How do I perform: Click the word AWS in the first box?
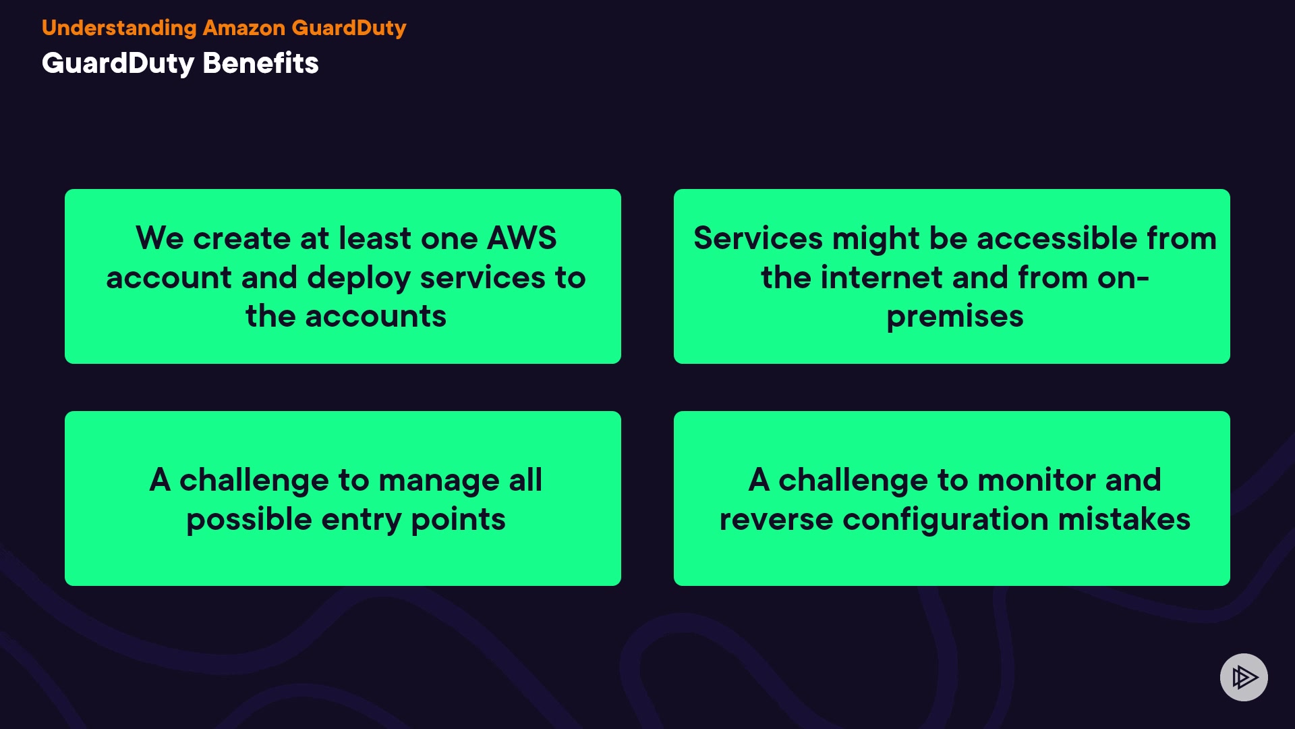coord(521,238)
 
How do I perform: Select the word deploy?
coord(358,279)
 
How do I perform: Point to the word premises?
coord(954,317)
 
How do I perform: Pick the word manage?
coord(438,481)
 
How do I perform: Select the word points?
coord(458,520)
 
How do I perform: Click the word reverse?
coord(776,520)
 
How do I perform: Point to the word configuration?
coord(946,520)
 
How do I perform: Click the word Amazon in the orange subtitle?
coord(244,28)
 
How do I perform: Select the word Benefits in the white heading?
coord(260,63)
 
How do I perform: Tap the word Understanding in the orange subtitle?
coord(119,28)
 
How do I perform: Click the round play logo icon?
coord(1243,677)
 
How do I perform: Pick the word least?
coord(374,238)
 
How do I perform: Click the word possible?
coord(249,520)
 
